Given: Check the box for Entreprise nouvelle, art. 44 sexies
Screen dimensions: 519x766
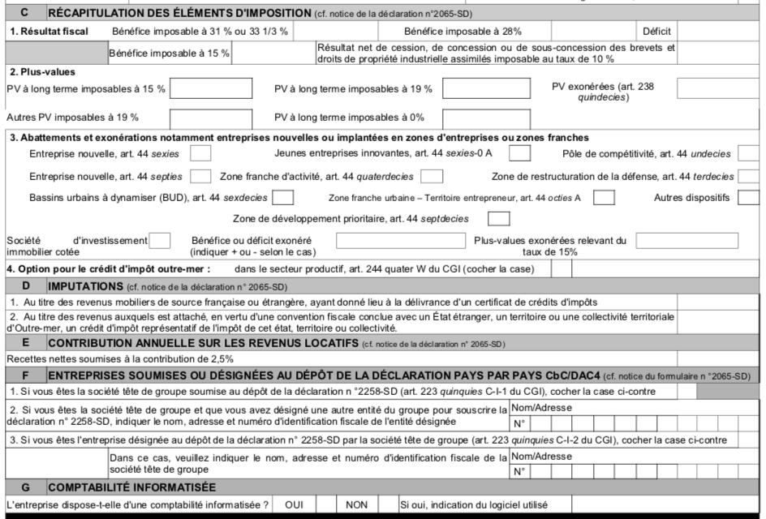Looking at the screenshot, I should (x=200, y=153).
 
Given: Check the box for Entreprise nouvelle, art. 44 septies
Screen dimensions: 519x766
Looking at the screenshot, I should (x=200, y=175).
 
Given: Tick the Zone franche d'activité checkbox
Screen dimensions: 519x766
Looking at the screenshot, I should (x=432, y=175).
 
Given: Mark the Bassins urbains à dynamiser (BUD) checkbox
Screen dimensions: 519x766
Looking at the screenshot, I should (x=283, y=197).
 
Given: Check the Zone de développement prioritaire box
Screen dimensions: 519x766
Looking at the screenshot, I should (x=498, y=218).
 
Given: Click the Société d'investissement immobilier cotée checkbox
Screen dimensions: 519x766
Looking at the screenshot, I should (x=161, y=240).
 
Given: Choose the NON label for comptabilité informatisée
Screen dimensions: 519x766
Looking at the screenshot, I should (x=356, y=504).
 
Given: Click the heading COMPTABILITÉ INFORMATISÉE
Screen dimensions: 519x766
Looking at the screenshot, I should (x=131, y=487).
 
